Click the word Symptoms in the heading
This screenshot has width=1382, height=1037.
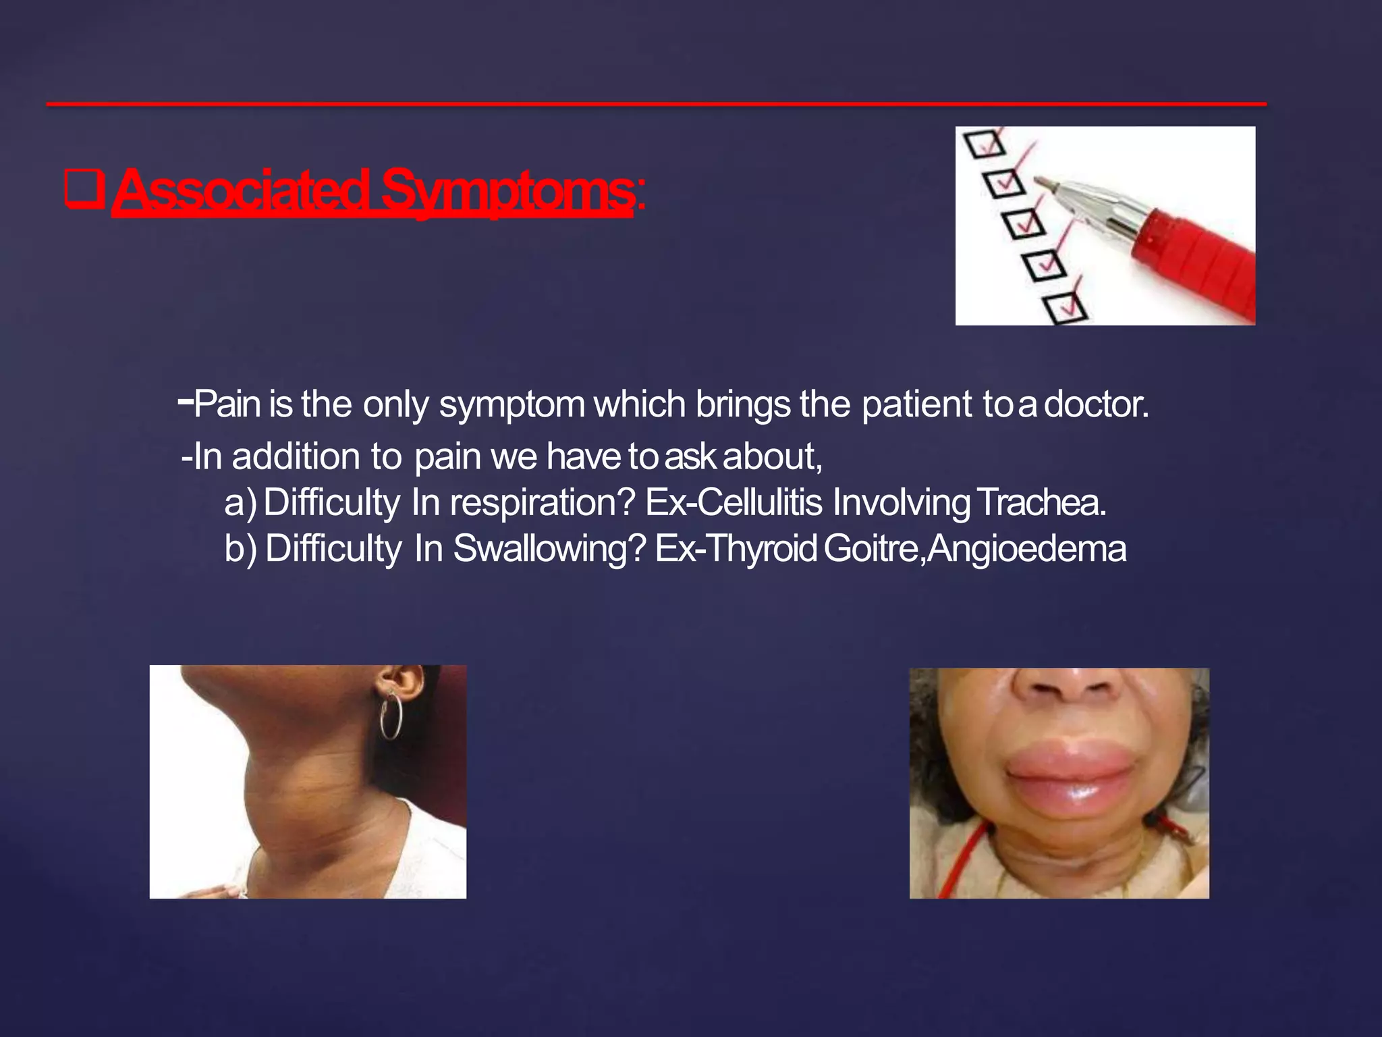tap(506, 190)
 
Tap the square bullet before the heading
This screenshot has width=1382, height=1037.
tap(84, 188)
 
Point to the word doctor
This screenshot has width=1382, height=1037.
tap(1096, 404)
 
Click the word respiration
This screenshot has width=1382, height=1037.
tap(543, 503)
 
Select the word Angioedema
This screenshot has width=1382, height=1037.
tap(1026, 548)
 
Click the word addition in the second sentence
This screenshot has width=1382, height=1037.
tap(296, 457)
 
